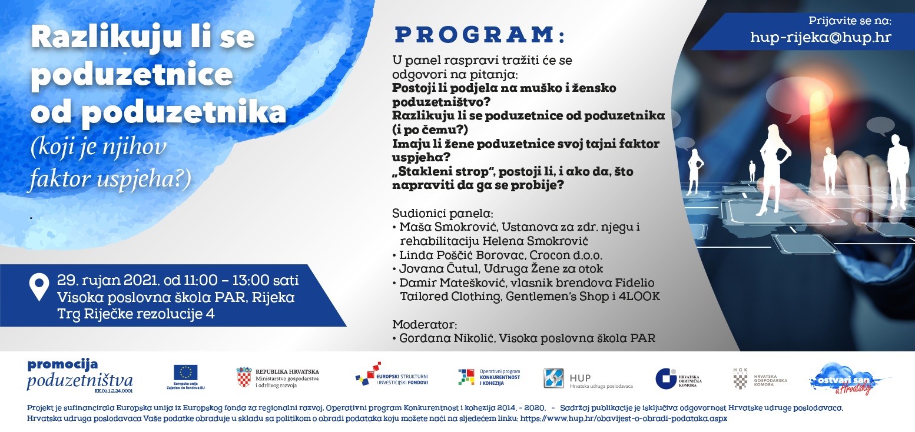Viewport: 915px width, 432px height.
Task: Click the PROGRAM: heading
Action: tap(479, 35)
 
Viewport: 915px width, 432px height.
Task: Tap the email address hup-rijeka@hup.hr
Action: tap(820, 38)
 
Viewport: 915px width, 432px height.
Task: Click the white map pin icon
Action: tap(39, 287)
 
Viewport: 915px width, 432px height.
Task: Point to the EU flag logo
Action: tap(185, 373)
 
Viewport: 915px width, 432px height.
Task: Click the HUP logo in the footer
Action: tap(553, 378)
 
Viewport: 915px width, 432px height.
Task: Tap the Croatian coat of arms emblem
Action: tap(244, 377)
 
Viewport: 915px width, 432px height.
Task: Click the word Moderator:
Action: tap(424, 324)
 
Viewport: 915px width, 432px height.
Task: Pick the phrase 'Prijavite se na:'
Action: tap(850, 21)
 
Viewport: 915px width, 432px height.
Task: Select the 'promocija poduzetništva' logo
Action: tap(79, 374)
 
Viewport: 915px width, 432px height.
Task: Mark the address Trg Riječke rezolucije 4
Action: tap(135, 314)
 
